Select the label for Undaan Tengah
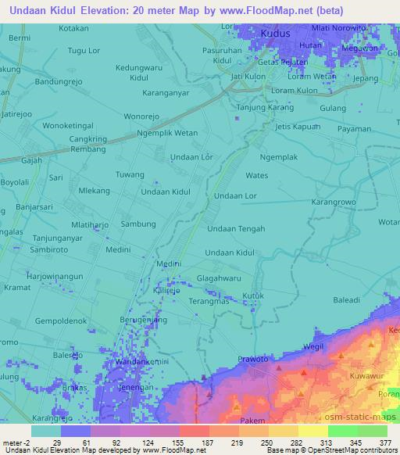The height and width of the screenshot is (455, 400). point(236,228)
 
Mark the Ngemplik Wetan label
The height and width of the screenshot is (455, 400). point(167,133)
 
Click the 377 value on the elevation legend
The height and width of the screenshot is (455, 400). point(384,442)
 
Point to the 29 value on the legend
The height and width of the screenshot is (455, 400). point(58,442)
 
